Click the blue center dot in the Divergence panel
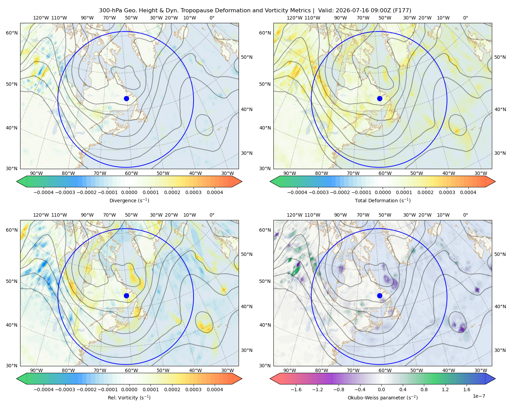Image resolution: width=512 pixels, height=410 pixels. point(126,98)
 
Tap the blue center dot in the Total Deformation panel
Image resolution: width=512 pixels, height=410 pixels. point(380,98)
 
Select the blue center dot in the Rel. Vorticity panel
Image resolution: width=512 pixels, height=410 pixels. point(126,296)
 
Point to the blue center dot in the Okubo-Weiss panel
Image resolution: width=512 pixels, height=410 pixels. point(380,296)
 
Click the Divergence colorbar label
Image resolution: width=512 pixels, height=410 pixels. point(129,200)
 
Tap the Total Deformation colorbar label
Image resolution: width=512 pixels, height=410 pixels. point(383,200)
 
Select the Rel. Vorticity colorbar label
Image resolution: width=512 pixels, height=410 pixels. point(129,397)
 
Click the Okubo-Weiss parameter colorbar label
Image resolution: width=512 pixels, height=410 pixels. point(383,397)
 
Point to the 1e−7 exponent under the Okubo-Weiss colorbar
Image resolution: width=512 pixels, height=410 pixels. point(479,396)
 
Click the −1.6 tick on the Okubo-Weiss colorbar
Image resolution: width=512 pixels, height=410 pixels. point(296,389)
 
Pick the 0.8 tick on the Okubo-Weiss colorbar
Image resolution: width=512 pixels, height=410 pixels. point(424,389)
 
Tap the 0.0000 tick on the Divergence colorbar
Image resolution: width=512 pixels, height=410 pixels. point(129,192)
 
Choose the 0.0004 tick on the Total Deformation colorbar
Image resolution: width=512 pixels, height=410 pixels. point(468,192)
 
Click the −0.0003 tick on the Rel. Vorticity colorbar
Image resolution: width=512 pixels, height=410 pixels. point(65,389)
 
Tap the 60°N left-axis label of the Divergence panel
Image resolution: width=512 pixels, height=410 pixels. point(12,33)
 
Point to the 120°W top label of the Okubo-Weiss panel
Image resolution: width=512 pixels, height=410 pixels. point(294,215)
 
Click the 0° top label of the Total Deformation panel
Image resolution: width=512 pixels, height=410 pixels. point(465,18)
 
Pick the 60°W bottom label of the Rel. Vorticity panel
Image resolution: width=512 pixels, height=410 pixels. point(131,370)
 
